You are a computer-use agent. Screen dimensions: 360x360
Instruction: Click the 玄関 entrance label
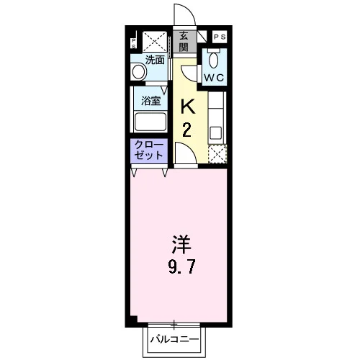(184, 42)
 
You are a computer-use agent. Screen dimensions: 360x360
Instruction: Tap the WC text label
(214, 78)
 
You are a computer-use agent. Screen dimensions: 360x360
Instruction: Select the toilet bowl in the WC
(213, 60)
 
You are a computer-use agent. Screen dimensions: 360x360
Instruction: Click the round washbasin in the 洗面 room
(139, 71)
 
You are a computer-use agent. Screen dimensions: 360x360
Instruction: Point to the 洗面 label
(156, 60)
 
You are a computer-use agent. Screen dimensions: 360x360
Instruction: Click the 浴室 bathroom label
(150, 101)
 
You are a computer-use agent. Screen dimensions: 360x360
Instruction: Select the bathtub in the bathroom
(150, 122)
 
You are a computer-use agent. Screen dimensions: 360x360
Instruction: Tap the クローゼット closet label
(149, 150)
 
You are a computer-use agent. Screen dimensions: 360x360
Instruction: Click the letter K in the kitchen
(188, 107)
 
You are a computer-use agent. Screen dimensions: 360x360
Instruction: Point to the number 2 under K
(186, 130)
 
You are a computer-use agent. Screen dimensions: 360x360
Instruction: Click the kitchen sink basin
(215, 133)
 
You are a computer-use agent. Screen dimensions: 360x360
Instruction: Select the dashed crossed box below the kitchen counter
(217, 154)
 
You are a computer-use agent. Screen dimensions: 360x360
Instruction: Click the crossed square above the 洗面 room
(155, 42)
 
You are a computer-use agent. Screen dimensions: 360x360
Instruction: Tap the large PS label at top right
(220, 37)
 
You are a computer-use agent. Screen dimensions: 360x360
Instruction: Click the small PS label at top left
(134, 43)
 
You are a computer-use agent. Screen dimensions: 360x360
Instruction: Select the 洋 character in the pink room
(181, 245)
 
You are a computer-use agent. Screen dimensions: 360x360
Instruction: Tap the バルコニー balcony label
(175, 340)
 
